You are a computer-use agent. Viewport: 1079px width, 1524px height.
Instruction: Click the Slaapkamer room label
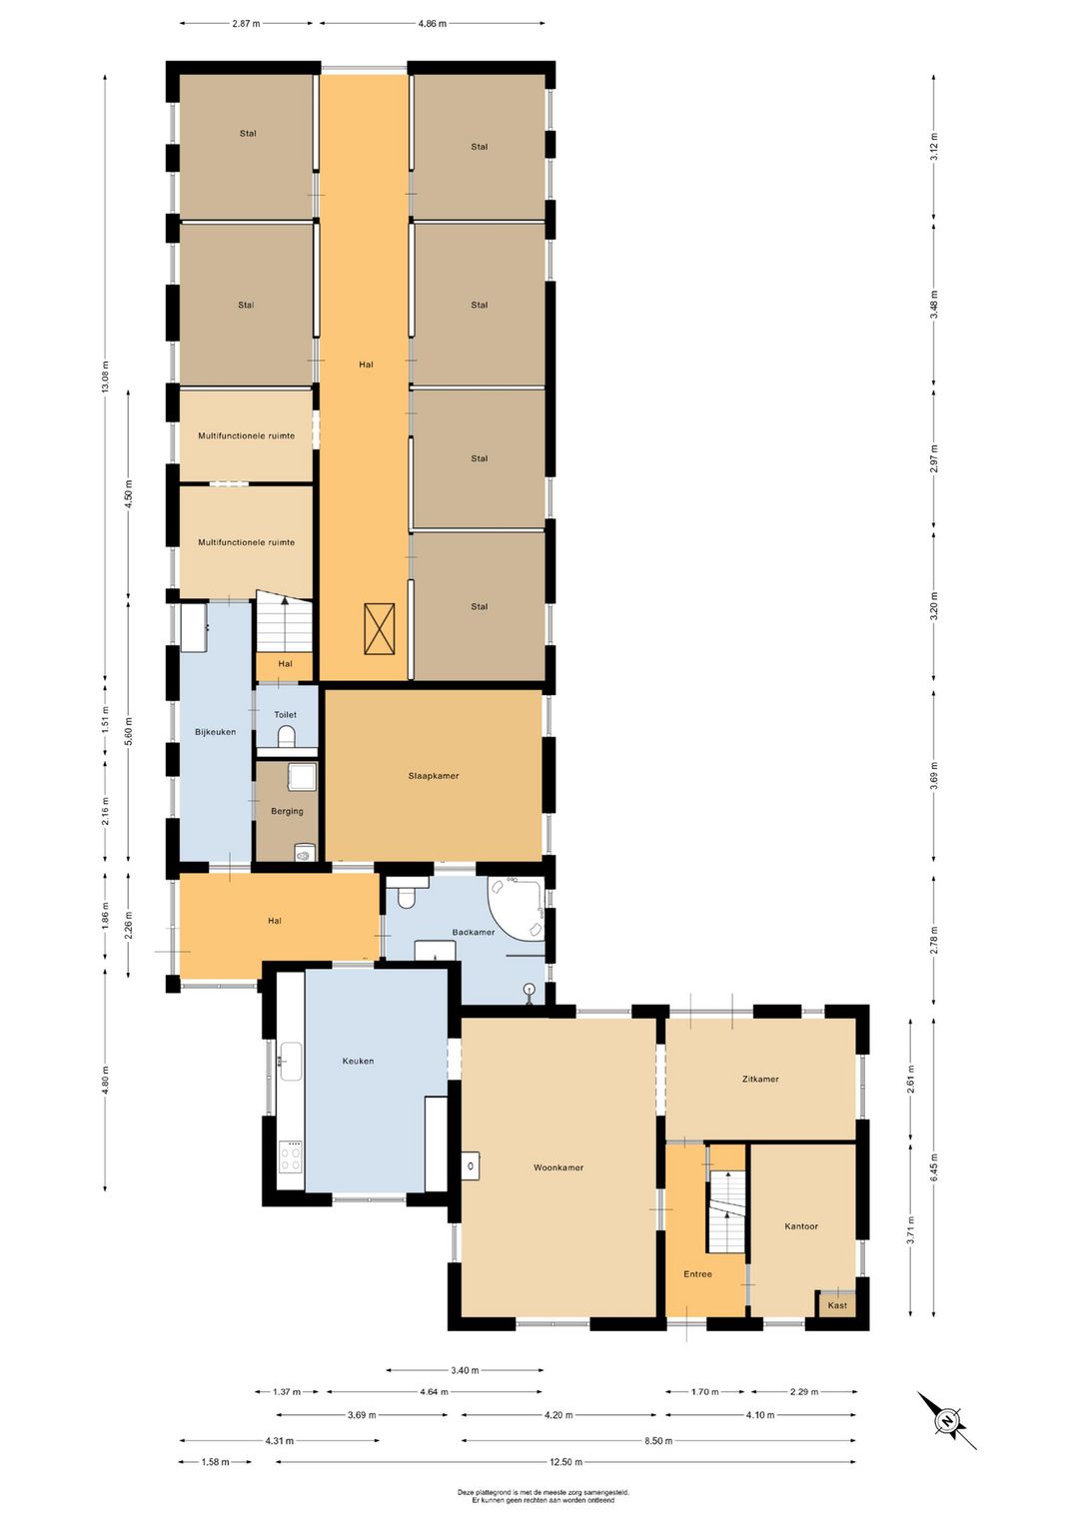coord(433,776)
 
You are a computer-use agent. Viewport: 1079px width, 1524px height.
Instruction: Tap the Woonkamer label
coord(558,1167)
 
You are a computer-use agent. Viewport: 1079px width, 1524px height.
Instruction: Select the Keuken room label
coord(358,1061)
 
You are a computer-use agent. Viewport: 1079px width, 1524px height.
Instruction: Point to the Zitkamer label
coord(759,1079)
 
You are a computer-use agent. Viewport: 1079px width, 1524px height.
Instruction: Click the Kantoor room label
coord(801,1226)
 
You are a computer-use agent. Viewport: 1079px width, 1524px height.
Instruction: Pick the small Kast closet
coord(836,1304)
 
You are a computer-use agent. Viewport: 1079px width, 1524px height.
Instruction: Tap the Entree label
coord(697,1273)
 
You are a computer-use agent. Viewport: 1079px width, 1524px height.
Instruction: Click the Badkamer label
coord(474,932)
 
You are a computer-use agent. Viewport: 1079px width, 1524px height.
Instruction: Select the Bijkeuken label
coord(215,732)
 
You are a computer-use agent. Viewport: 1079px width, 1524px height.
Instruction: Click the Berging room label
coord(287,811)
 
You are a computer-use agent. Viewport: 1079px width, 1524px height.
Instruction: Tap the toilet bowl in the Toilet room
coord(287,735)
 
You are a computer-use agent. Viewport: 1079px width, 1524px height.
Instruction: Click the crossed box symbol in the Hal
coord(380,628)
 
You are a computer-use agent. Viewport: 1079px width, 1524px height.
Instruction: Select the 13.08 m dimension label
coord(105,376)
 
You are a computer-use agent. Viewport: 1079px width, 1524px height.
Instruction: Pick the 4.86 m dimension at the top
coord(433,24)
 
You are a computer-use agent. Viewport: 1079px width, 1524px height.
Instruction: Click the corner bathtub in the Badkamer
coord(519,907)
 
